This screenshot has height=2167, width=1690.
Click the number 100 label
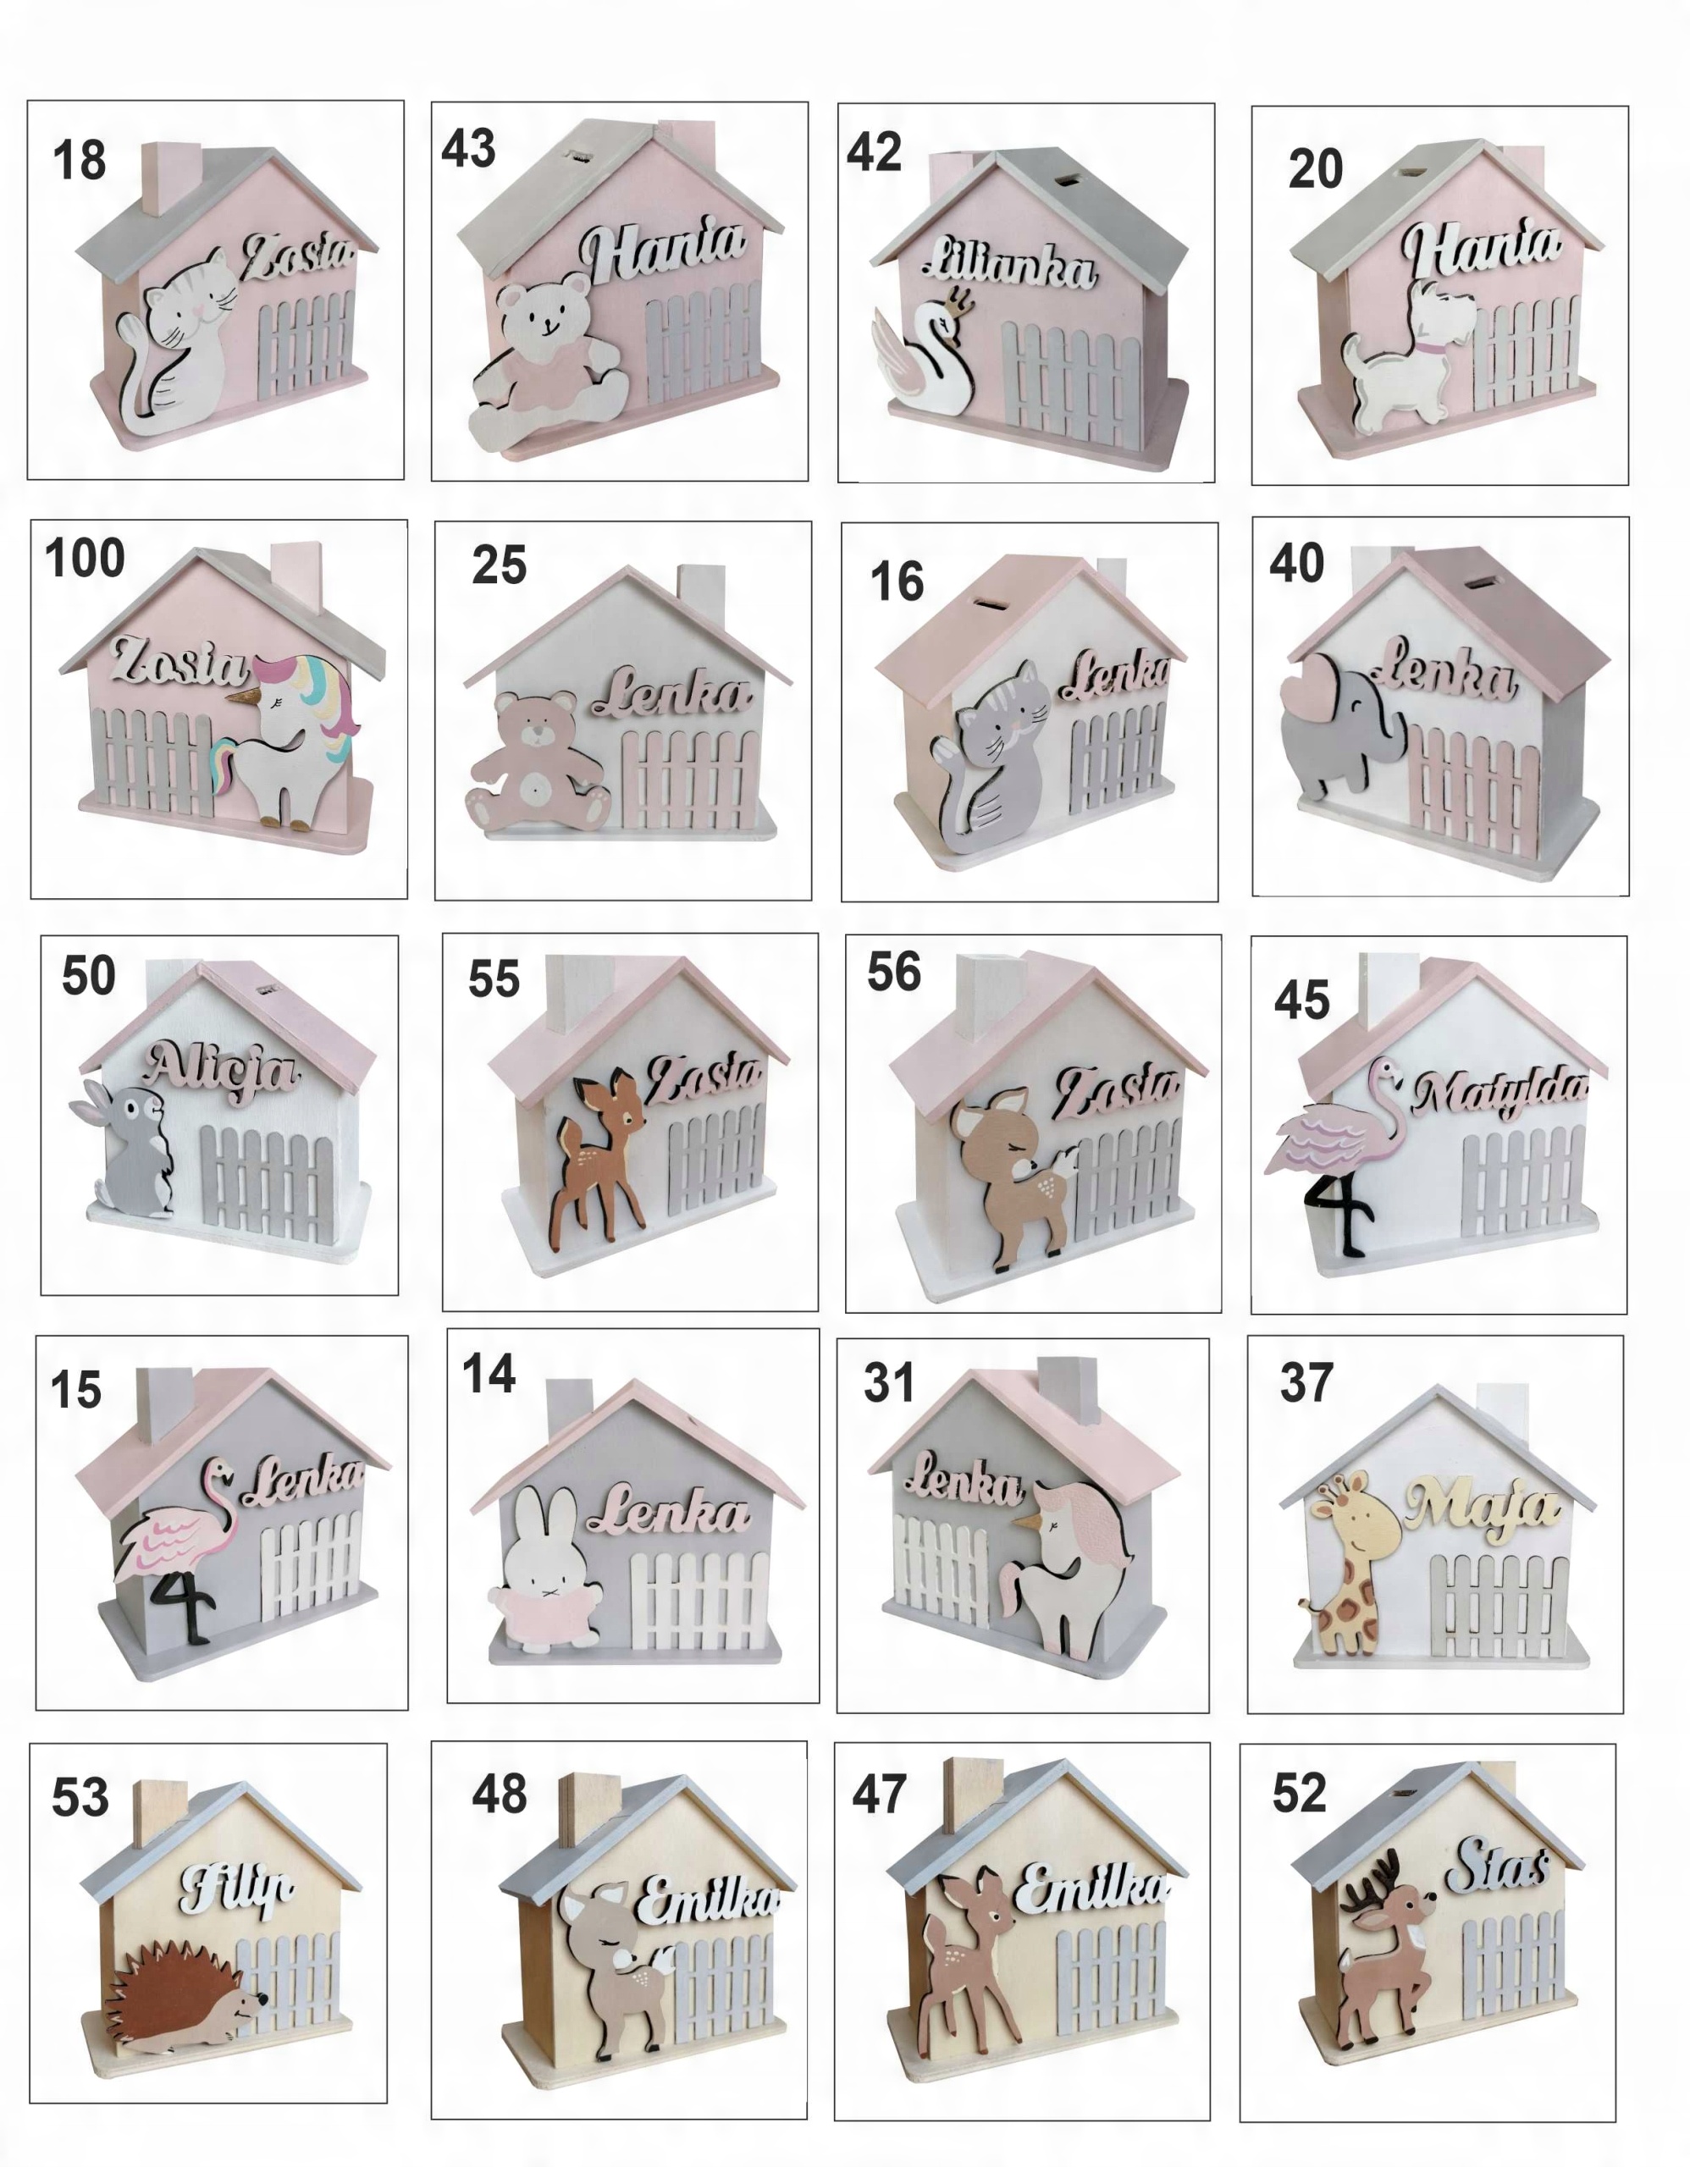(x=86, y=558)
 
